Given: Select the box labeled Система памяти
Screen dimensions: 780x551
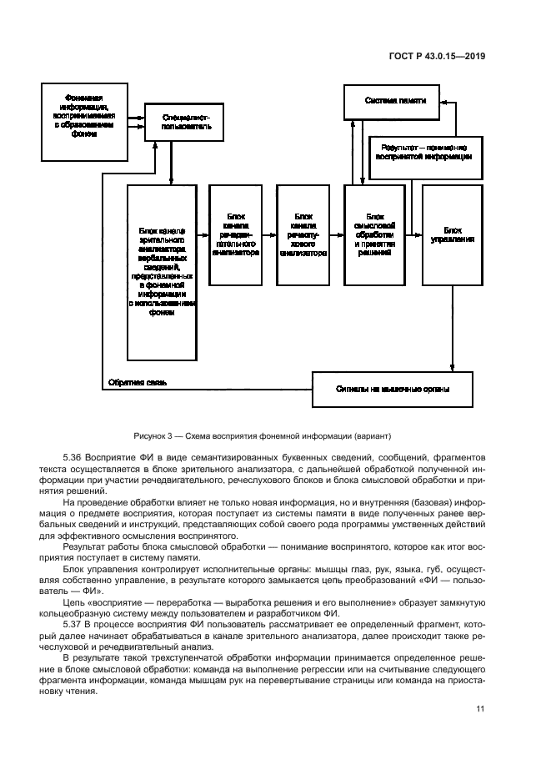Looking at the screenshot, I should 395,101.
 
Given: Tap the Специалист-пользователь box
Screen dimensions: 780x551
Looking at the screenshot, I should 186,123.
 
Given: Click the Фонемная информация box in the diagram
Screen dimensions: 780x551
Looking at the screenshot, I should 84,120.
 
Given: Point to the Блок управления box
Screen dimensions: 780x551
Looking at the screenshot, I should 452,235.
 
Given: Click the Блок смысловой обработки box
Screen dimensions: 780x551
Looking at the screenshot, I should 374,235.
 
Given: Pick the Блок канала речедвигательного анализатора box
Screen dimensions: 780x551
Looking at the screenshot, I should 235,235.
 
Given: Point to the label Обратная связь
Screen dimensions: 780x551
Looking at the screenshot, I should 138,383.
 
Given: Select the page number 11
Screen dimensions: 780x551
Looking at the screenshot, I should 480,709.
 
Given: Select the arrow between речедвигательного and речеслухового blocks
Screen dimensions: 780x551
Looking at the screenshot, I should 270,235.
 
